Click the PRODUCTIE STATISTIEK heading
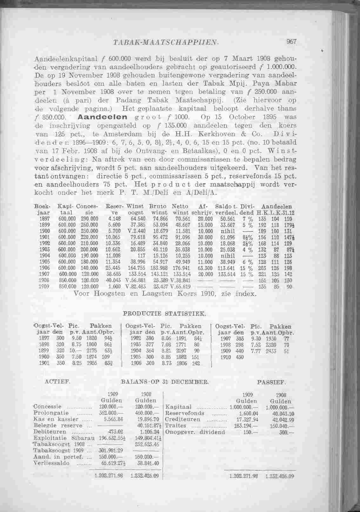click(164, 314)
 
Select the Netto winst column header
click(180, 209)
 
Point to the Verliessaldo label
click(47, 463)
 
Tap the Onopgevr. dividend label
click(195, 432)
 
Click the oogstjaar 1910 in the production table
click(224, 357)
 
